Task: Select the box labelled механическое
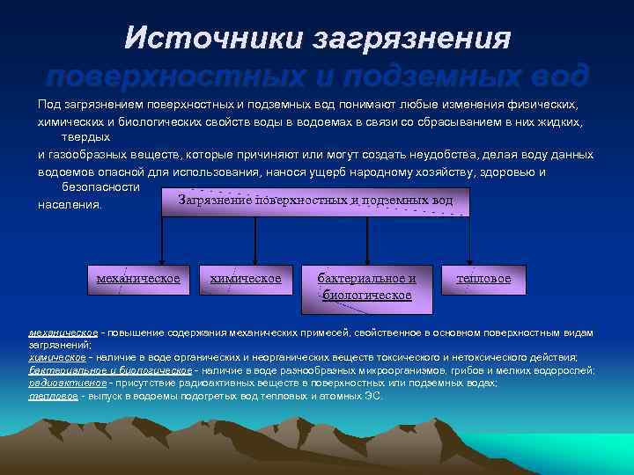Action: tap(137, 279)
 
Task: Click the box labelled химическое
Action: tap(246, 279)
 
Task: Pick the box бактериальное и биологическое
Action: tap(367, 287)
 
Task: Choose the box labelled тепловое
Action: tap(483, 279)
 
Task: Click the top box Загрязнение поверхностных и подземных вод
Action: tap(315, 201)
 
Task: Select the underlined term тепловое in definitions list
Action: tap(52, 396)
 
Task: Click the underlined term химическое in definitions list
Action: tap(56, 358)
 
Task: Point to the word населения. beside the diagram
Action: tap(70, 205)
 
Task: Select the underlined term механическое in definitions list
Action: tap(63, 332)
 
